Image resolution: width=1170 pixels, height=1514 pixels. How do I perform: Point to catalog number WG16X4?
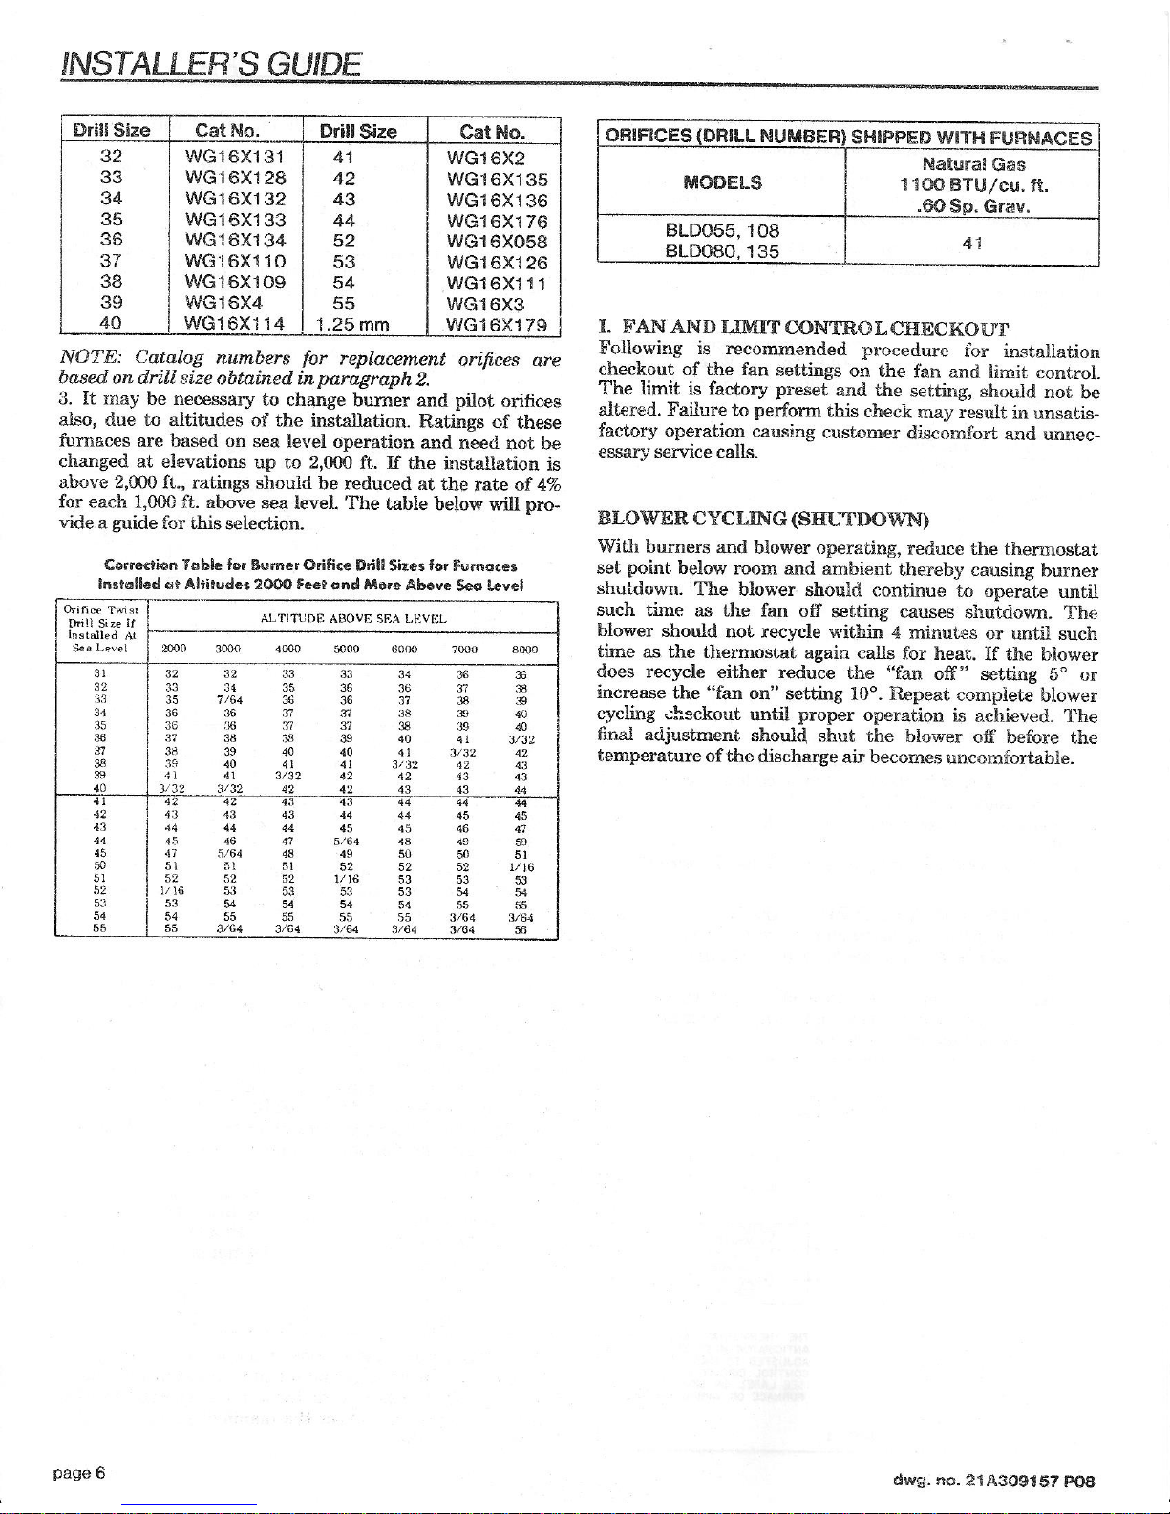coord(228,303)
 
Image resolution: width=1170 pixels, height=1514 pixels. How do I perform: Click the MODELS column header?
coord(723,183)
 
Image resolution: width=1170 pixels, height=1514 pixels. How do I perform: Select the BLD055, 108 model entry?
coord(722,230)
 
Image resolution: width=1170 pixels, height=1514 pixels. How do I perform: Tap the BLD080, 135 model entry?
coord(722,251)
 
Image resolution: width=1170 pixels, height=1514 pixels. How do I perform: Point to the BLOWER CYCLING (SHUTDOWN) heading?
coord(763,521)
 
